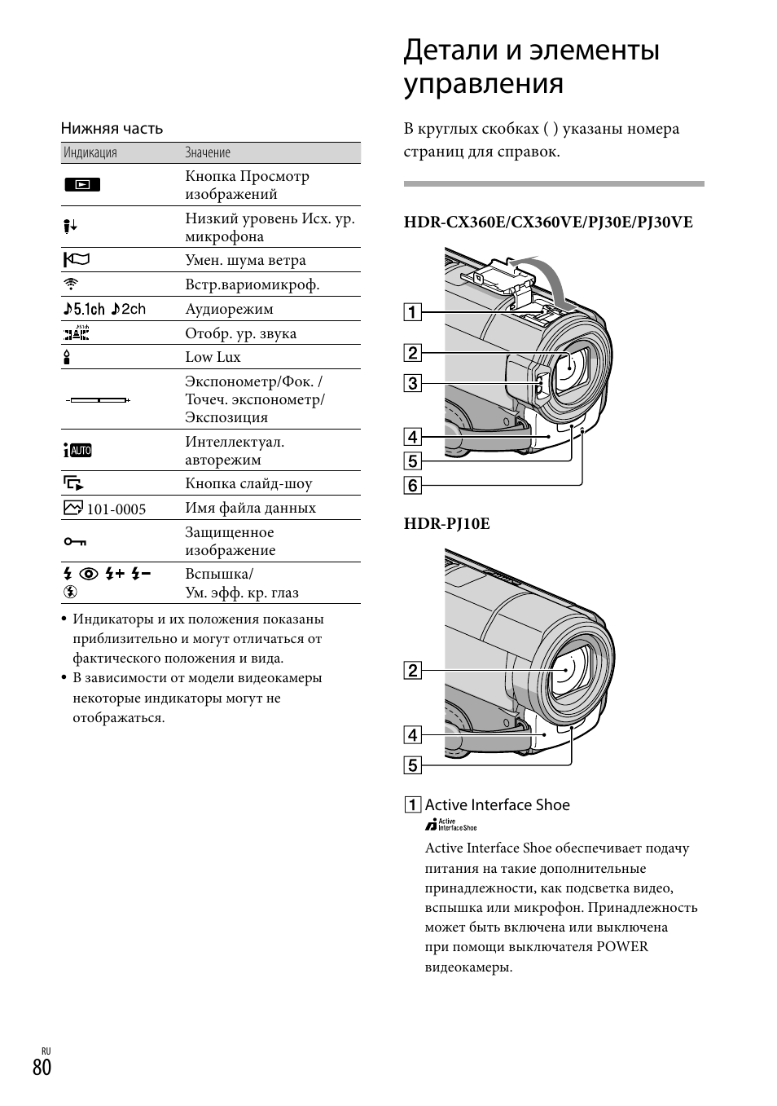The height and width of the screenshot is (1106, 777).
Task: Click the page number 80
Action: (x=42, y=1067)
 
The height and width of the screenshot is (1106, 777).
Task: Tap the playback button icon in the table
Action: (x=81, y=185)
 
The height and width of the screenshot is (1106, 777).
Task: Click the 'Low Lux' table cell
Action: (x=213, y=357)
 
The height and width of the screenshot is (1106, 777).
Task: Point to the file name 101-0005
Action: (x=116, y=509)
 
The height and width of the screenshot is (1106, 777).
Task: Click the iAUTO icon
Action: (x=77, y=451)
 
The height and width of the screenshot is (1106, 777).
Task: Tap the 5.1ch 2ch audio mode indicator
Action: (x=104, y=309)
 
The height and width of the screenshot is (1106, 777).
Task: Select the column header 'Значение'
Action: (x=208, y=153)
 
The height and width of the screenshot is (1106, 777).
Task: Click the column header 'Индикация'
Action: (x=90, y=153)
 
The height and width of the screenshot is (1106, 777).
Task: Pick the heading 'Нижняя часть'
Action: (x=112, y=129)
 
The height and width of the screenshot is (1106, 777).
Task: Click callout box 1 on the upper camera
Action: (x=413, y=312)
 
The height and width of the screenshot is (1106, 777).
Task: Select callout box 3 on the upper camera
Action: (x=413, y=383)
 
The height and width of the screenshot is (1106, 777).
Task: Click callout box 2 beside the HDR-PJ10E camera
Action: (x=413, y=671)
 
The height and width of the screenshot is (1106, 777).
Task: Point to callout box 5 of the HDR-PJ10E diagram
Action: (x=413, y=765)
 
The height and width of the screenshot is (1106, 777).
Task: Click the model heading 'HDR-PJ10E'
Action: (x=446, y=524)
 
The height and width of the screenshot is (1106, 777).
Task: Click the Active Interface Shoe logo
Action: (x=450, y=825)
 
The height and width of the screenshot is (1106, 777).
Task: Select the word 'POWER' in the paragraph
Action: (x=622, y=947)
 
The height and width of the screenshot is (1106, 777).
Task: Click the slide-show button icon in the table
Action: (x=73, y=483)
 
